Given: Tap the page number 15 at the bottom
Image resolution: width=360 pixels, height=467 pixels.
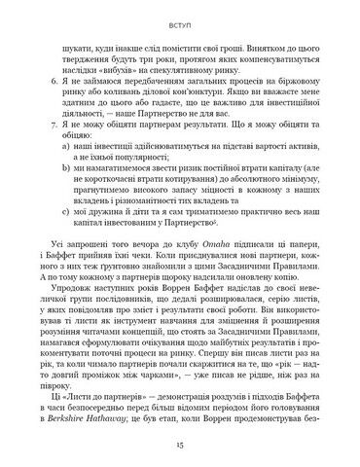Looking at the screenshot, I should click(x=180, y=441).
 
